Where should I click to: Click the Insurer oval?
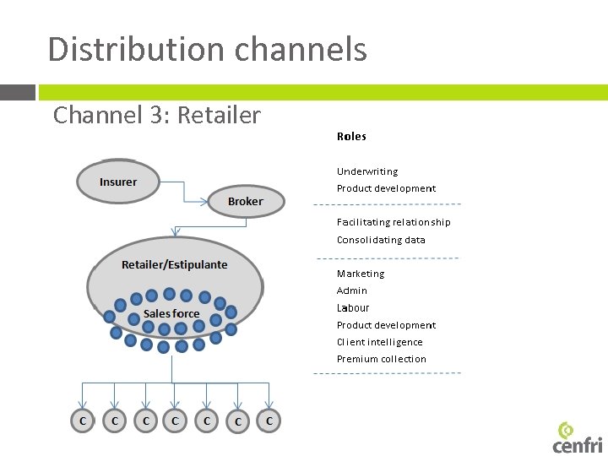(117, 182)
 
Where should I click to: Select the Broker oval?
(246, 202)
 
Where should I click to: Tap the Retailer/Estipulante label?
(174, 264)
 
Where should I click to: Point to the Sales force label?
(171, 313)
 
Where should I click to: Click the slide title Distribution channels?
(207, 49)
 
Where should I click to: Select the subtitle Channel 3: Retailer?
(157, 115)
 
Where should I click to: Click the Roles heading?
(351, 136)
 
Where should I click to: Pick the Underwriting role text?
(367, 171)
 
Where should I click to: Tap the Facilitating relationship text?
(394, 222)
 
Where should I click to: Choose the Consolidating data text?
(381, 240)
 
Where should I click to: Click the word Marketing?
(361, 274)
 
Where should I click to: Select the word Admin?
(352, 290)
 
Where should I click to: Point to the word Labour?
(353, 308)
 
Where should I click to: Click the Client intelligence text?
(380, 342)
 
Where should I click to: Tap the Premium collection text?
(382, 359)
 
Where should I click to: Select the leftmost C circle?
(82, 421)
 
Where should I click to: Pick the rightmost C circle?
(269, 420)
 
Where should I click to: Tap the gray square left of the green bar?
(17, 92)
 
